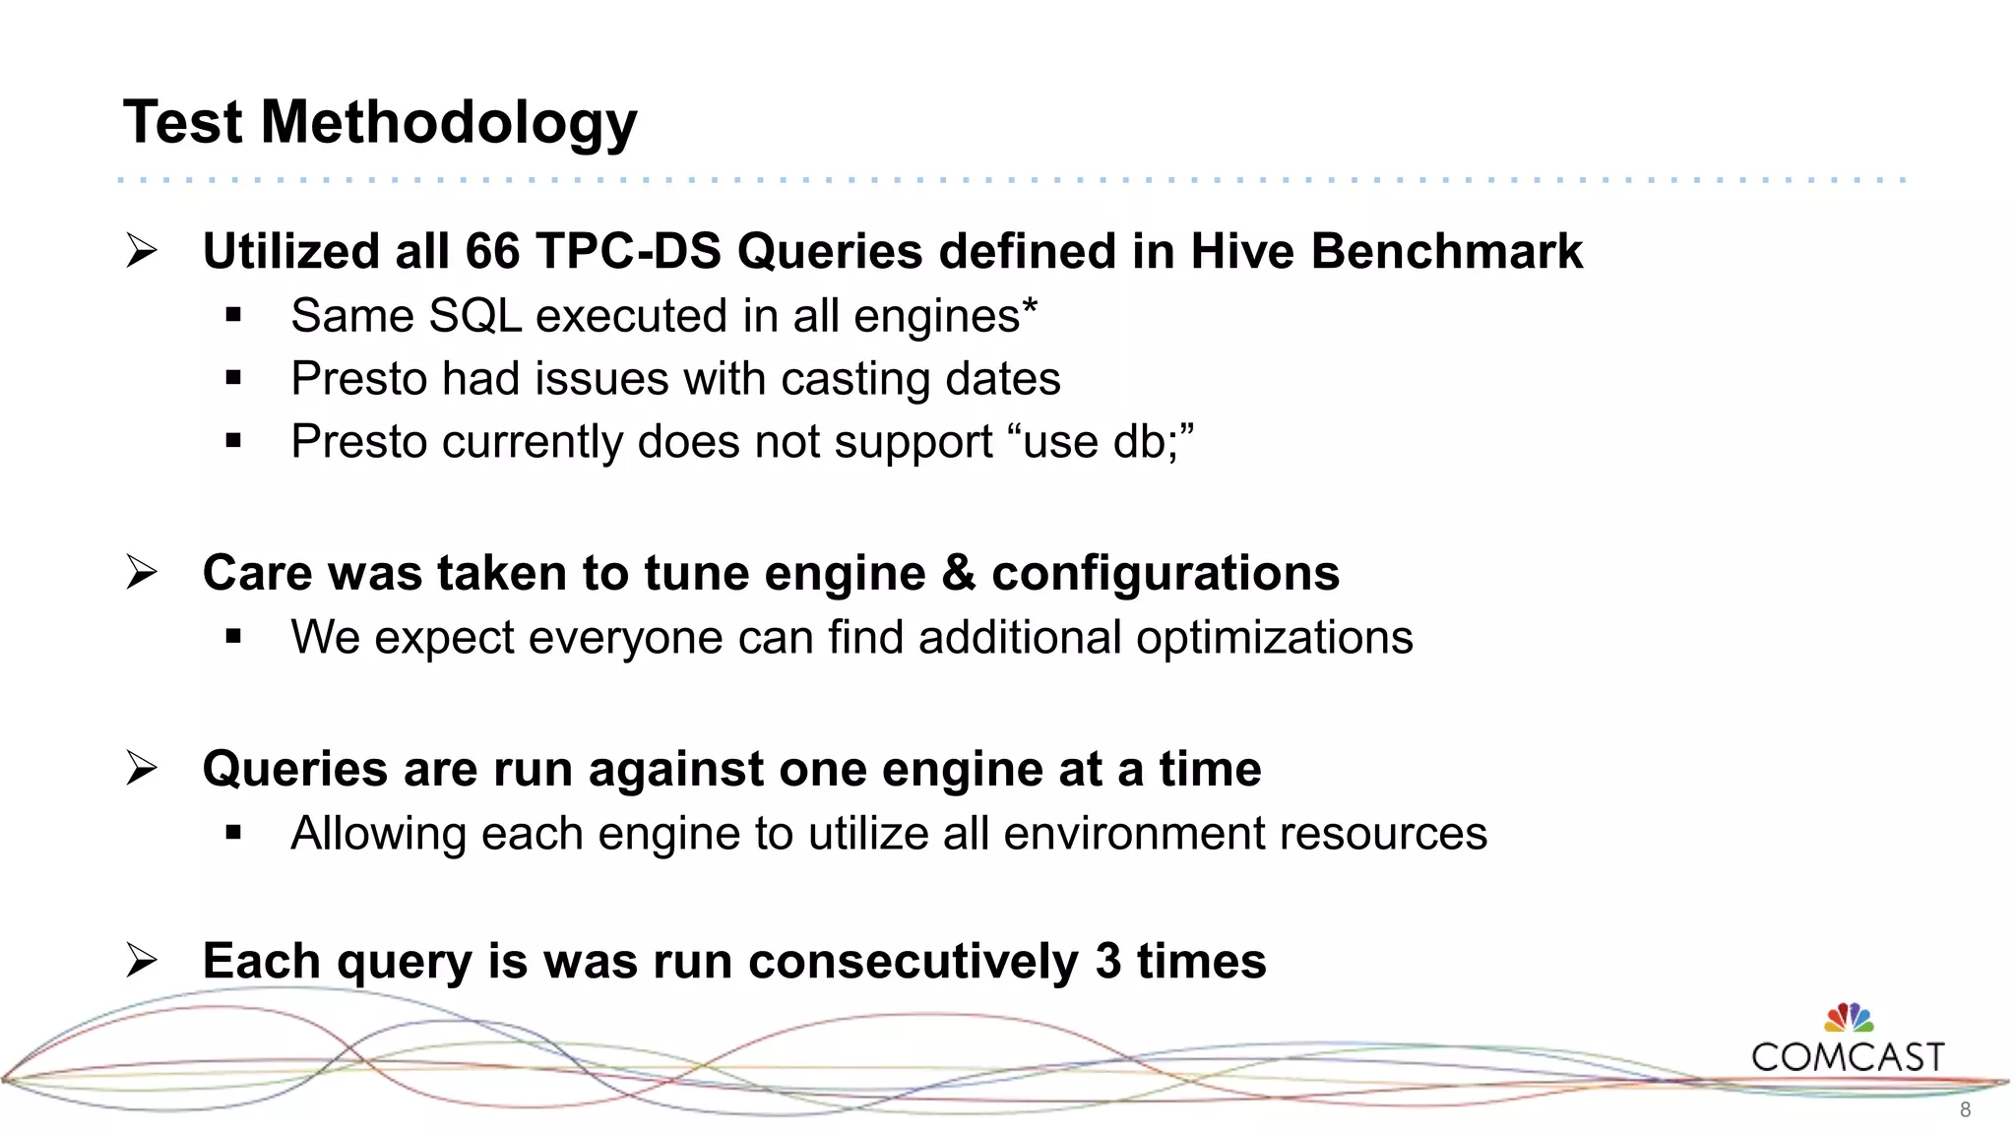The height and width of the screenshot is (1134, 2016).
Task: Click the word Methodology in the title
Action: coord(449,124)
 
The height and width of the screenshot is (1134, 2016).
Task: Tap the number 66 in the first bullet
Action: coord(492,251)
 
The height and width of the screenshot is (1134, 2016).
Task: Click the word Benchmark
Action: coord(1446,251)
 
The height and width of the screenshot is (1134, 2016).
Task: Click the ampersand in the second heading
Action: coord(958,573)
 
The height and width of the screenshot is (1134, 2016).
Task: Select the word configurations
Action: coord(1165,573)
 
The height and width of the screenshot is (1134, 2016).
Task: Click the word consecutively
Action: coord(913,962)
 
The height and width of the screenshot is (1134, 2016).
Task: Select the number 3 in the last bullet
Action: coord(1107,962)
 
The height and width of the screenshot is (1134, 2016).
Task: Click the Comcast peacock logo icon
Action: coord(1849,1018)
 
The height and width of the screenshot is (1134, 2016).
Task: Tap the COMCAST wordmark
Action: coord(1848,1057)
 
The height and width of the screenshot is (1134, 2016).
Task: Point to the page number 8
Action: coord(1965,1110)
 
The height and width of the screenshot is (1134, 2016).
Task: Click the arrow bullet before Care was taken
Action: coord(142,572)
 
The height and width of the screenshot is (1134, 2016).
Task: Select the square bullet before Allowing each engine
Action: coord(233,834)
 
